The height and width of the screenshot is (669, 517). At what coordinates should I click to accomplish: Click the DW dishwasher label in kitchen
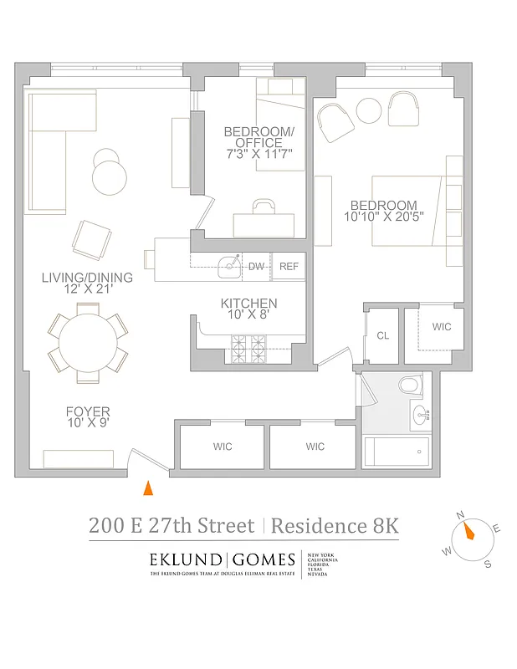coord(256,267)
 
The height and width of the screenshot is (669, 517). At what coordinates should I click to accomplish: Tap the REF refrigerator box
coord(289,267)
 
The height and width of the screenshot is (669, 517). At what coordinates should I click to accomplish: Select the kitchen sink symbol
coord(229,267)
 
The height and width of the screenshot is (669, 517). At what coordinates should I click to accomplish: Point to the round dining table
coord(85,341)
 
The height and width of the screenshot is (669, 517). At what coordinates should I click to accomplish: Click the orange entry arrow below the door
coord(148,488)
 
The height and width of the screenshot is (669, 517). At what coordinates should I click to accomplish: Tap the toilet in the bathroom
coord(410,385)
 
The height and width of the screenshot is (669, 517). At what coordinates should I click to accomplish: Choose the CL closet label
coord(383,335)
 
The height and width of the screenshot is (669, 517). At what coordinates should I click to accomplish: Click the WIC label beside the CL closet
coord(441,327)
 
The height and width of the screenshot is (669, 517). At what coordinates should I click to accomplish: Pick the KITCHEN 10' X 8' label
coord(248,309)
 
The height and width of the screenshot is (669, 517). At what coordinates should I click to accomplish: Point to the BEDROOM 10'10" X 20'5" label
coord(383,212)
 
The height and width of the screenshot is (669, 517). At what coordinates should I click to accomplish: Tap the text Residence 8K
coord(335,526)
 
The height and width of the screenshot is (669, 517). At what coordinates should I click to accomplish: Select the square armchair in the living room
coord(92,240)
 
